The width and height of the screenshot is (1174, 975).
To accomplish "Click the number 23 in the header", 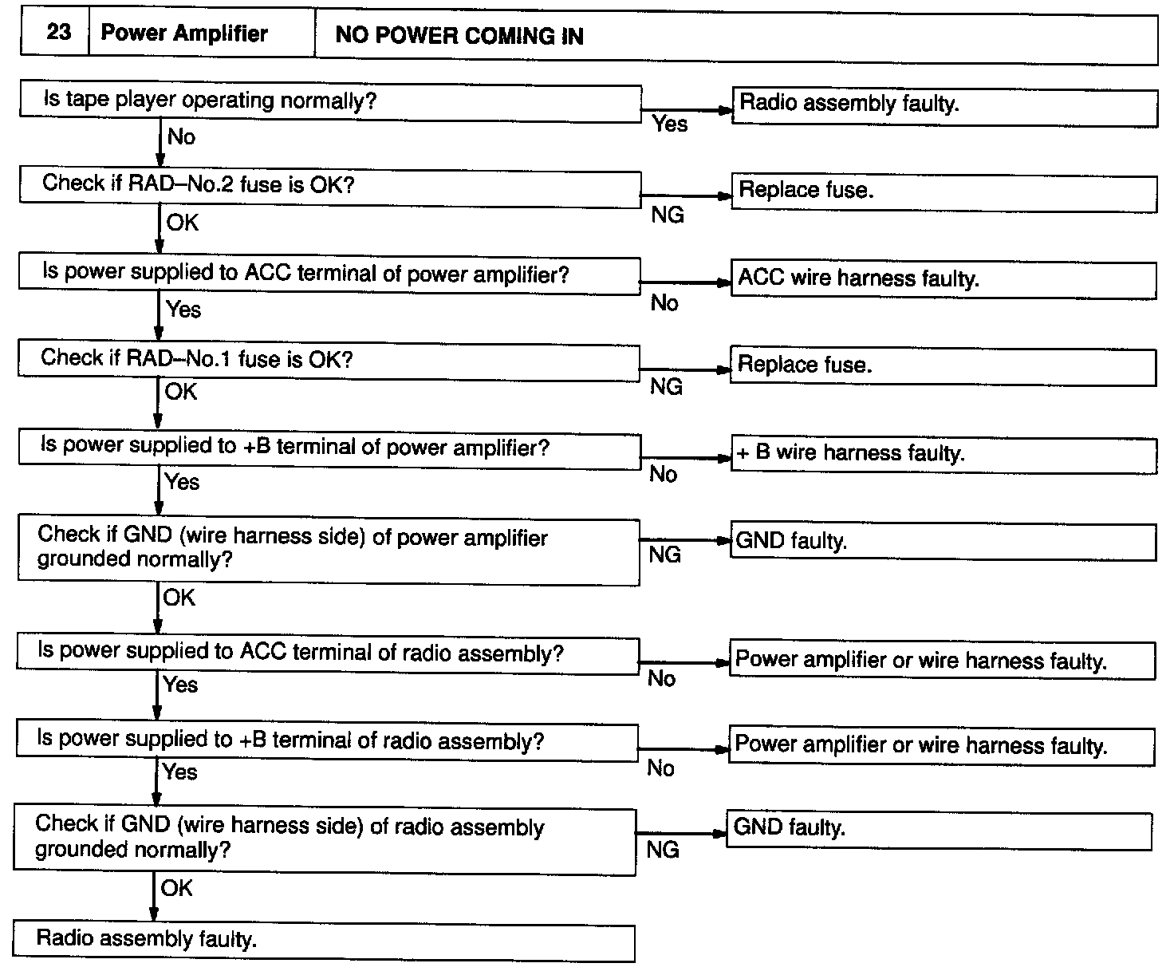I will [58, 33].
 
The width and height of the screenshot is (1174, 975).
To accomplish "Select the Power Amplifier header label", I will [184, 34].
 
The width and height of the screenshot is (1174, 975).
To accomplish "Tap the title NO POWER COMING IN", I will [459, 36].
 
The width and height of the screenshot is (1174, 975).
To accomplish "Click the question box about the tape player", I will [330, 101].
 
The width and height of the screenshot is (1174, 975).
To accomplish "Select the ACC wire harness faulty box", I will [944, 278].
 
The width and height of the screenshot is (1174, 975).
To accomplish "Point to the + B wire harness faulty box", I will [944, 454].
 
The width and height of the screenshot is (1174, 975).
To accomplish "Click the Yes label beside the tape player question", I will [670, 124].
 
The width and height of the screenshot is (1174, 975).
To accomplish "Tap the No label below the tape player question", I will [181, 137].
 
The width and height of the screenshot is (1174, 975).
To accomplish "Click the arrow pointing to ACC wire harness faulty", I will [686, 282].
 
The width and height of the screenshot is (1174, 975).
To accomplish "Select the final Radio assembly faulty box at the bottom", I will [324, 941].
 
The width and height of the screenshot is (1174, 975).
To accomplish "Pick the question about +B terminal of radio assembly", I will [327, 740].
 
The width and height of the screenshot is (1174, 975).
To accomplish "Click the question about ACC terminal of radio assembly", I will [327, 653].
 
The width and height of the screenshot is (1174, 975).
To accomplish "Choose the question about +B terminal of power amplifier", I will [329, 448].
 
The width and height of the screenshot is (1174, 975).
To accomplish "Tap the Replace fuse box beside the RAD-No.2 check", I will [944, 191].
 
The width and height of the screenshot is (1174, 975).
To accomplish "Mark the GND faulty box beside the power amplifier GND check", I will [944, 542].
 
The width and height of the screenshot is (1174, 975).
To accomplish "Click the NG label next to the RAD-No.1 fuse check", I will [666, 387].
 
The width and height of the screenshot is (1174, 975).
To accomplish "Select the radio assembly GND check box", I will [325, 840].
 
